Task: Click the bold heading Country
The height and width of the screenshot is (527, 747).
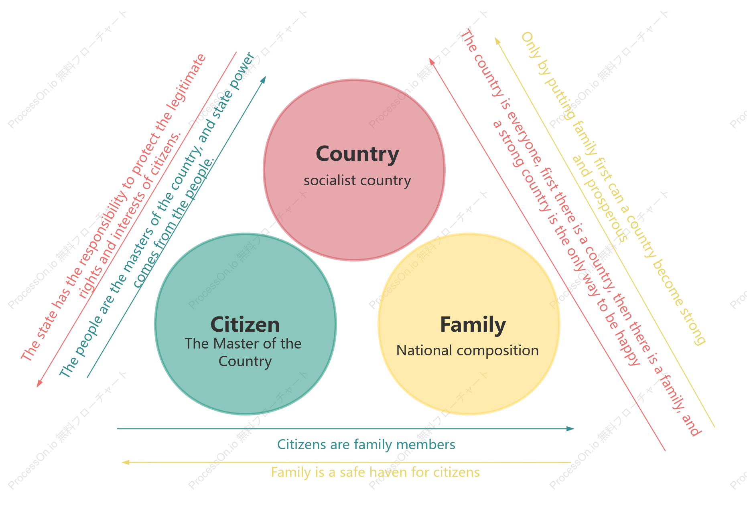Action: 357,154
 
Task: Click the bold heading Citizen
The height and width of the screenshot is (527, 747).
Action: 245,324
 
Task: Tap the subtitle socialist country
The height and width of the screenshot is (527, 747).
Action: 357,180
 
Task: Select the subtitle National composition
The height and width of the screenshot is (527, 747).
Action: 467,351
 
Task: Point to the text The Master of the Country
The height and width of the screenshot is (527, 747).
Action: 243,353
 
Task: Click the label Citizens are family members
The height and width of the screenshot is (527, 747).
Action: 366,444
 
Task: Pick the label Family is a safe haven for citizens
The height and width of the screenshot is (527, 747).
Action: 375,472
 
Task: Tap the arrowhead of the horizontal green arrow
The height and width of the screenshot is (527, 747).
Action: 570,429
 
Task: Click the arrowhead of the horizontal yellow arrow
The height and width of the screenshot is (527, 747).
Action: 126,462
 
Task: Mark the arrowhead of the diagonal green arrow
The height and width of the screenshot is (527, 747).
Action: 263,79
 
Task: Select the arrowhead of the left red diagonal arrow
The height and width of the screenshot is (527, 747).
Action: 39,384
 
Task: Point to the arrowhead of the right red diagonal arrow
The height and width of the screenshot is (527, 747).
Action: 432,61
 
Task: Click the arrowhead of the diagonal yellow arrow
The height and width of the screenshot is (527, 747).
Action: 497,41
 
